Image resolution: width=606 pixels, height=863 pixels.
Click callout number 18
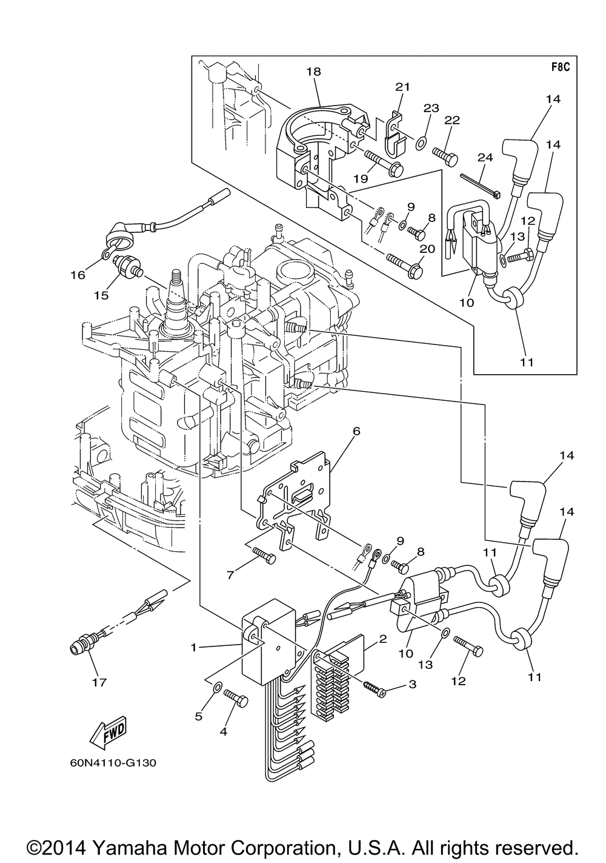click(314, 72)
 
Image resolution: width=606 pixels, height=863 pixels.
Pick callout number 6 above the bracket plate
click(356, 431)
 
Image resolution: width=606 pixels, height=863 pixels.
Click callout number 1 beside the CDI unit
click(193, 648)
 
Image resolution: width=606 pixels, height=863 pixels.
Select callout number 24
click(485, 157)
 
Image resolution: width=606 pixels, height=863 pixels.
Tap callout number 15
click(101, 295)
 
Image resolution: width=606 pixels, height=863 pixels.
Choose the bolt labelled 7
click(264, 553)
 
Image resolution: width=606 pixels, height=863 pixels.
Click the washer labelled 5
click(216, 687)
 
